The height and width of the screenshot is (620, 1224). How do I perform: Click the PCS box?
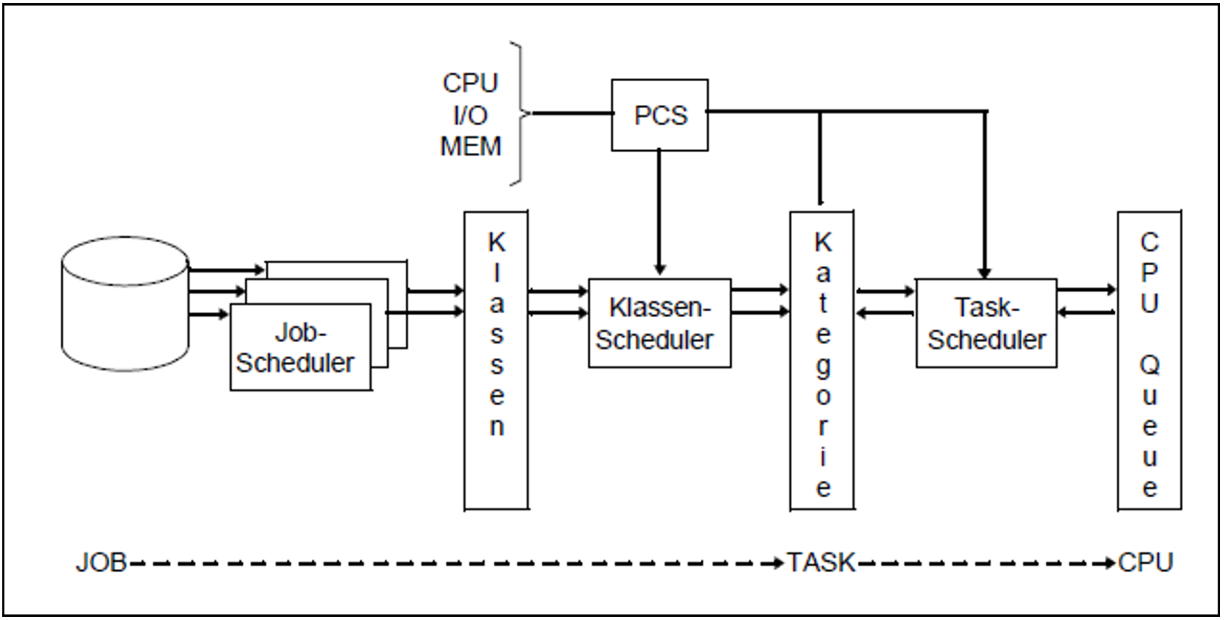click(x=659, y=115)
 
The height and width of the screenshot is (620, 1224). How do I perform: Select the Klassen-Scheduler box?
click(x=659, y=323)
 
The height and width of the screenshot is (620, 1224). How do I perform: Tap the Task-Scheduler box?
click(x=986, y=323)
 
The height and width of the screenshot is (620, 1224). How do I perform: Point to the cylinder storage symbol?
click(x=125, y=304)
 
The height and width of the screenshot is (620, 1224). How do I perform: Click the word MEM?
click(x=471, y=146)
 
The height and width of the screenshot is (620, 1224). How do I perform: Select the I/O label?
click(x=471, y=116)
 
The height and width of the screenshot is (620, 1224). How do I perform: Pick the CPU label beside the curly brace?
click(x=471, y=83)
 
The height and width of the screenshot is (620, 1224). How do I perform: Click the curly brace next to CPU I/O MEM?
click(x=520, y=114)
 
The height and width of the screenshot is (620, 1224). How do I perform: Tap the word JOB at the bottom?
click(x=102, y=563)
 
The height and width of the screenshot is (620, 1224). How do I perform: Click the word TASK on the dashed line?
click(x=821, y=563)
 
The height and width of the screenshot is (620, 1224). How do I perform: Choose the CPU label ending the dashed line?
click(x=1145, y=563)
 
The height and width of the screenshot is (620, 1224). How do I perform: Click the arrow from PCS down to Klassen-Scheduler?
click(x=659, y=211)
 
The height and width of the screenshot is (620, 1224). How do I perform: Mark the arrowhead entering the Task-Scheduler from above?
click(x=984, y=272)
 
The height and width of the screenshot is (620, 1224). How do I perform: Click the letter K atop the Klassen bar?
click(x=496, y=242)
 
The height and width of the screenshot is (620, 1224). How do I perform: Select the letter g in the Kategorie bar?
click(x=823, y=366)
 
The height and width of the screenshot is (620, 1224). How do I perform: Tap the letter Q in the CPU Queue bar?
click(x=1149, y=365)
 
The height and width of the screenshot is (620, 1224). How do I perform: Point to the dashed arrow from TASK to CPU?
click(x=984, y=564)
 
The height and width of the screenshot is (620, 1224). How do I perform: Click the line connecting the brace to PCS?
click(x=572, y=113)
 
